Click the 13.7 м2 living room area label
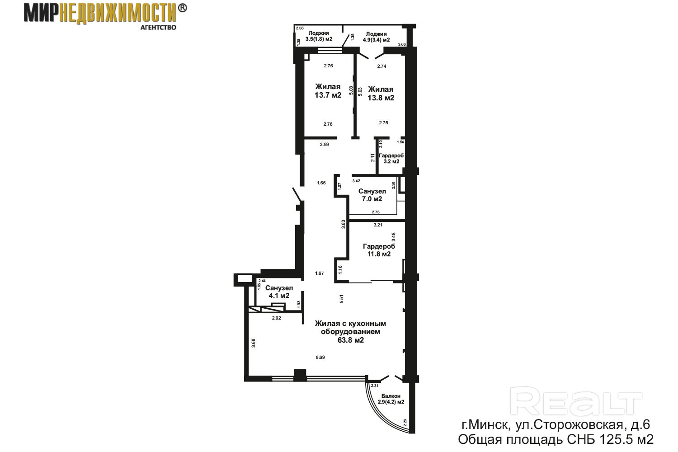click(328, 95)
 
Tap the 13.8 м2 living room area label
click(381, 98)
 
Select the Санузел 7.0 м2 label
click(372, 195)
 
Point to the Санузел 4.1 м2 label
click(279, 292)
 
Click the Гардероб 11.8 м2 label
click(379, 250)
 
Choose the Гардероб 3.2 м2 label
click(391, 158)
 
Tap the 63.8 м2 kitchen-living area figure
click(350, 340)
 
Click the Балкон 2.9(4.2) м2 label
click(391, 399)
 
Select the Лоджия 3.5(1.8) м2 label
click(319, 36)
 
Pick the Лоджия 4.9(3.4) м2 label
click(376, 37)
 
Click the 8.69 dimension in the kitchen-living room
click(320, 357)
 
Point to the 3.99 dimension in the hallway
click(325, 144)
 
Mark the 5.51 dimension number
click(341, 299)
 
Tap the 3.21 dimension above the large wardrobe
click(378, 225)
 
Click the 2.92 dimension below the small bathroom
click(276, 318)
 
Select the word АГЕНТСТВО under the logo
click(158, 28)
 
